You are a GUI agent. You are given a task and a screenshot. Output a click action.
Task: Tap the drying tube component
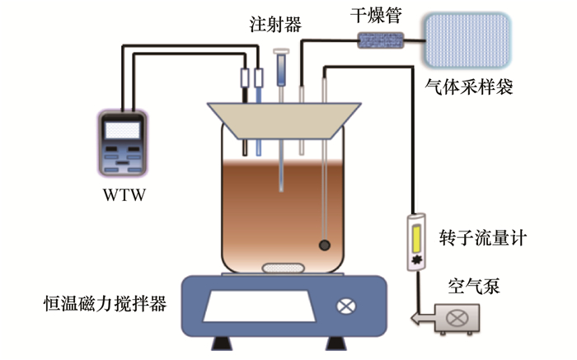381,39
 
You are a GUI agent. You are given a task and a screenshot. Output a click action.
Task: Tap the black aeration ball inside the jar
325,245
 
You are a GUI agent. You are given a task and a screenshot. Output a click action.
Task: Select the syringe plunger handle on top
281,52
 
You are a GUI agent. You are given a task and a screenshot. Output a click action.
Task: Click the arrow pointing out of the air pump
420,316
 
